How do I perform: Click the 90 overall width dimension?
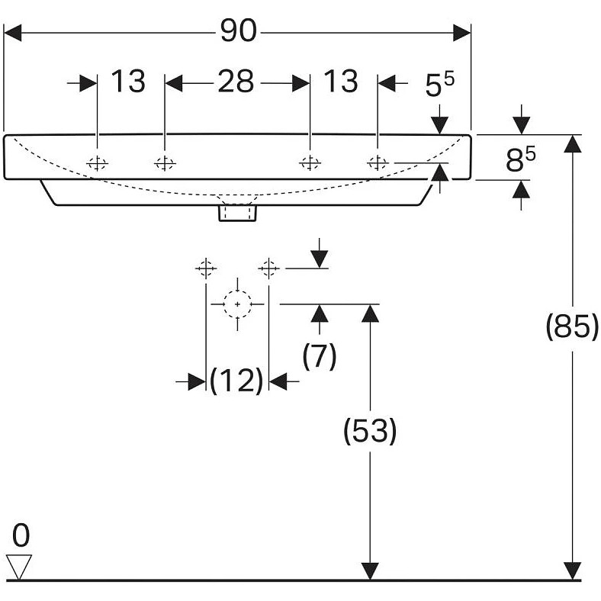[x=239, y=32]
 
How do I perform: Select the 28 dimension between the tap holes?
[x=236, y=82]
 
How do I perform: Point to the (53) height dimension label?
[x=370, y=432]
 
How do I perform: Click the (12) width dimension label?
[x=236, y=381]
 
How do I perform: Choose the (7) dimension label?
[x=320, y=355]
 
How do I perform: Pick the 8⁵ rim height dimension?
[x=521, y=159]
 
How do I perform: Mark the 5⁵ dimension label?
[x=439, y=85]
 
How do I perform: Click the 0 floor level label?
[x=21, y=535]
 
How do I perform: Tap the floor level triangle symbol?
[x=19, y=566]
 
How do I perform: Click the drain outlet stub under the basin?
[x=237, y=213]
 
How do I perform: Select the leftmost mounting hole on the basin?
[x=98, y=162]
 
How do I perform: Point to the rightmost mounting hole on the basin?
[x=378, y=162]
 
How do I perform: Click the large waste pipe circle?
[x=237, y=304]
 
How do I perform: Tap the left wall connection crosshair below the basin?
[x=206, y=268]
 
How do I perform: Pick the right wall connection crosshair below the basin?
[x=268, y=268]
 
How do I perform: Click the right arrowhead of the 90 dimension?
[x=461, y=33]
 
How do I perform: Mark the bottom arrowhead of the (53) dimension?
[x=370, y=571]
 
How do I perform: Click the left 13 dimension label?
[x=128, y=81]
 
